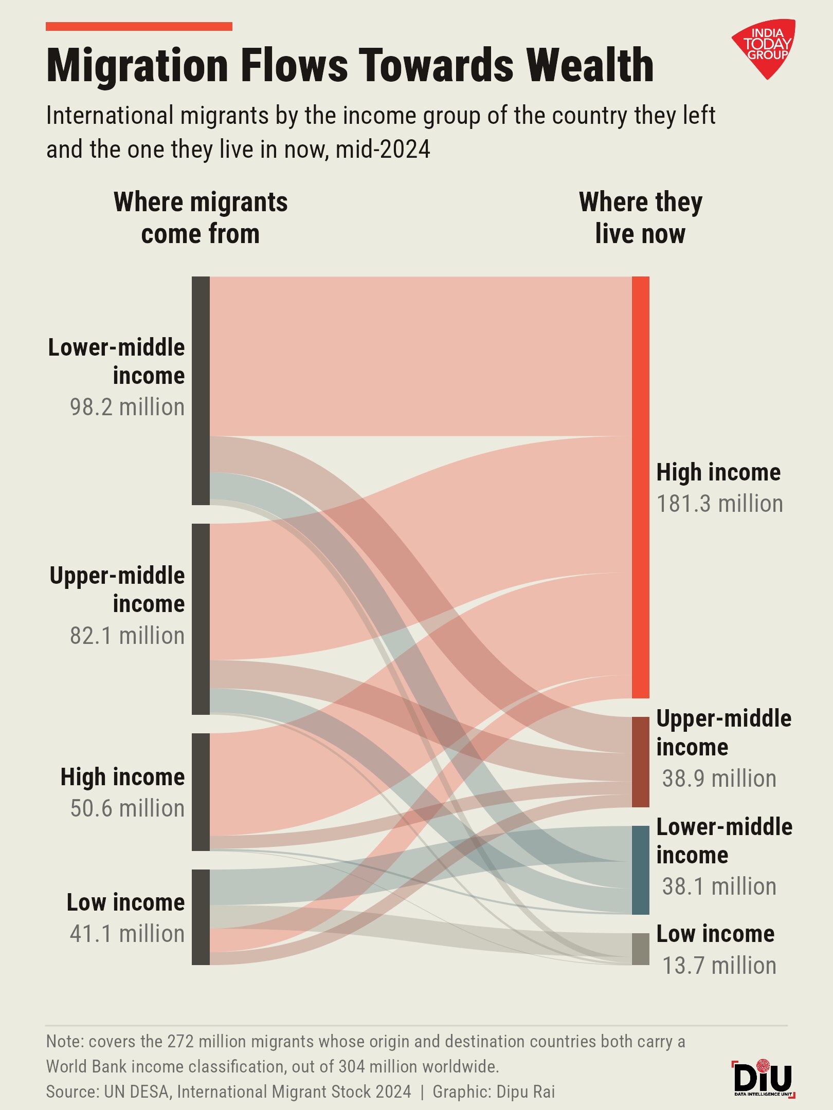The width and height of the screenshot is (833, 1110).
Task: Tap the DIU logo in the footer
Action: (x=764, y=1078)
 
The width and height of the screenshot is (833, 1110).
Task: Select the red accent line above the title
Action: (x=139, y=26)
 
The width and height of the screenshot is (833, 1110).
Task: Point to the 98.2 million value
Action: (x=127, y=407)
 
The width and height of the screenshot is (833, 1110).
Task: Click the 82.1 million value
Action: (x=127, y=636)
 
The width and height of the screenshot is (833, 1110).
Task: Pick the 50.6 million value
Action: (x=127, y=808)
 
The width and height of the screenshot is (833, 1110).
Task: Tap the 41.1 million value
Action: (x=127, y=934)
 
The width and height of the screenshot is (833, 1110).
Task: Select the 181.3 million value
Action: (x=720, y=504)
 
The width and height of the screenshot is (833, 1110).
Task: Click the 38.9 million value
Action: (x=719, y=779)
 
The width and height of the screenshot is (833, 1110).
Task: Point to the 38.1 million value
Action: (x=719, y=886)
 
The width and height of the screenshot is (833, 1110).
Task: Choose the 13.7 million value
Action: (x=719, y=966)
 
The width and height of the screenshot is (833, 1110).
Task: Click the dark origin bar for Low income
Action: (x=201, y=917)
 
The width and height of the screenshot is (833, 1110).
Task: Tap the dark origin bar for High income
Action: (x=201, y=792)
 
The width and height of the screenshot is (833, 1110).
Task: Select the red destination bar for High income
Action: (x=640, y=487)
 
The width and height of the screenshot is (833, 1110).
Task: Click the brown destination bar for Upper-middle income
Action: (x=640, y=762)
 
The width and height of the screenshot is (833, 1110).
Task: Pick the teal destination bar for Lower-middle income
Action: (x=640, y=870)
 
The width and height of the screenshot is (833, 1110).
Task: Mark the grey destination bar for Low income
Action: (x=640, y=949)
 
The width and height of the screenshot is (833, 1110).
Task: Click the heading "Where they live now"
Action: (x=640, y=218)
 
